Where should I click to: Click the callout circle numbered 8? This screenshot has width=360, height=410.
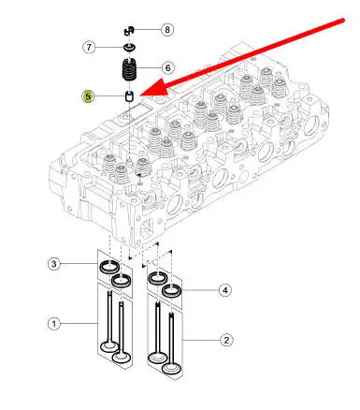pyautogui.click(x=167, y=30)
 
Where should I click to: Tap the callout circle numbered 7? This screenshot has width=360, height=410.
pyautogui.click(x=89, y=48)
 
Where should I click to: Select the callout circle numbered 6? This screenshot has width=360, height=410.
pyautogui.click(x=167, y=67)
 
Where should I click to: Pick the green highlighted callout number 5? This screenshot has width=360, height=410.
pyautogui.click(x=88, y=96)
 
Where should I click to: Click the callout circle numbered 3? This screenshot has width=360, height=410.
pyautogui.click(x=54, y=264)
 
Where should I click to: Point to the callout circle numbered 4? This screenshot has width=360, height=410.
pyautogui.click(x=225, y=290)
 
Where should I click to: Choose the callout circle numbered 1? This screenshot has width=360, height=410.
pyautogui.click(x=54, y=324)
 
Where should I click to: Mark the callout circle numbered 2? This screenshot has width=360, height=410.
pyautogui.click(x=226, y=340)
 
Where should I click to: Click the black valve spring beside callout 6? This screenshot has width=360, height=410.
pyautogui.click(x=129, y=69)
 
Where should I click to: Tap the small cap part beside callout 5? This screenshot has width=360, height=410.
pyautogui.click(x=129, y=96)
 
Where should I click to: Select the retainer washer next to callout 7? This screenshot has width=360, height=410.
pyautogui.click(x=129, y=48)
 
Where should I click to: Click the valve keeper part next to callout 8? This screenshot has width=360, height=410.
pyautogui.click(x=129, y=31)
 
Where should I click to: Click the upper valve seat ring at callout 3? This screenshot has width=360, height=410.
pyautogui.click(x=109, y=267)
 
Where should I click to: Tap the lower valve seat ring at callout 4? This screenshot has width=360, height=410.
pyautogui.click(x=171, y=290)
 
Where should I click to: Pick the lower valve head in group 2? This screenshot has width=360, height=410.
pyautogui.click(x=171, y=369)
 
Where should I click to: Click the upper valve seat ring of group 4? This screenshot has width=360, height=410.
pyautogui.click(x=157, y=278)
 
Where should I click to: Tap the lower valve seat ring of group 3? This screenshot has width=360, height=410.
pyautogui.click(x=122, y=281)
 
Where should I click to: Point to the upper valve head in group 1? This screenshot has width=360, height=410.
pyautogui.click(x=109, y=346)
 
